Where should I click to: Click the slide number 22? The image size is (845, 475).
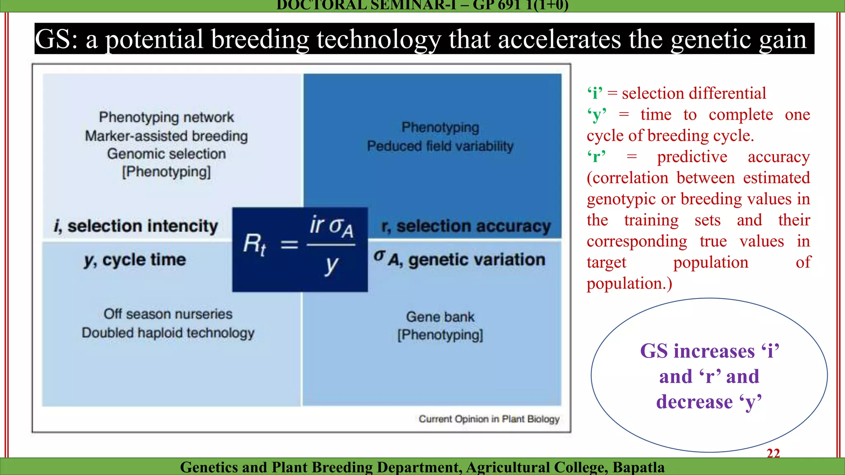tap(773, 453)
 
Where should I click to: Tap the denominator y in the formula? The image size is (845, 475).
tap(331, 265)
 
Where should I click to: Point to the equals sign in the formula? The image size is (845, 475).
tap(289, 245)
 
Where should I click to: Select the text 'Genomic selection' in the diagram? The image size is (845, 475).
tap(166, 154)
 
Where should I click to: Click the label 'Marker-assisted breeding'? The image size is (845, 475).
tap(166, 136)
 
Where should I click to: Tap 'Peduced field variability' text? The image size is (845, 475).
tap(440, 146)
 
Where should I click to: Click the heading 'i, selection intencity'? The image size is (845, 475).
tap(136, 226)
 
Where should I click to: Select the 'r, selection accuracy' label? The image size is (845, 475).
tap(466, 226)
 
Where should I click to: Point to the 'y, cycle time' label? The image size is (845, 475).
tap(135, 260)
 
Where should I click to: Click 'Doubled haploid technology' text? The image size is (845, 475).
tap(168, 333)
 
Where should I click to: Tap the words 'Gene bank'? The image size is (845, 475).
tap(440, 317)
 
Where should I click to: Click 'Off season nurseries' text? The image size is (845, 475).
tap(168, 314)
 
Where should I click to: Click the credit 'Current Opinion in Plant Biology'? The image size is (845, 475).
tap(489, 419)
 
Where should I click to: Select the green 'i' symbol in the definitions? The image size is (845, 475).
tap(595, 94)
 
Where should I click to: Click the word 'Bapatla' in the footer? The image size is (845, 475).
tap(638, 467)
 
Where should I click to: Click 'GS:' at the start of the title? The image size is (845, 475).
tap(57, 40)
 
